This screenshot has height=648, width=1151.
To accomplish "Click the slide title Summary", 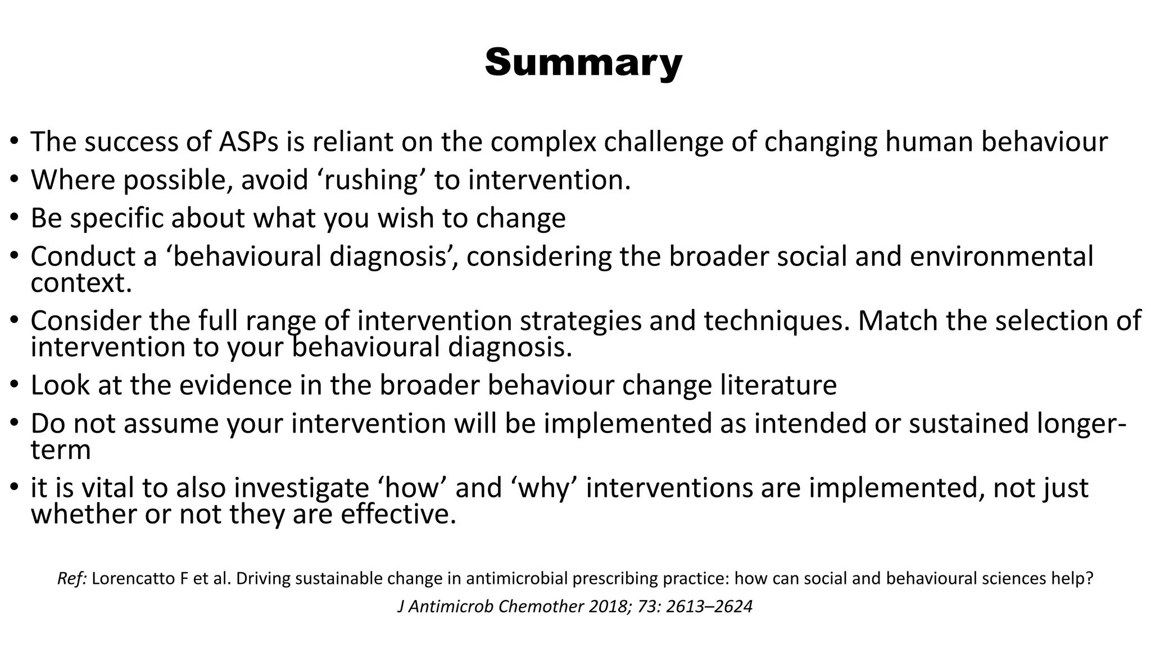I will (583, 62).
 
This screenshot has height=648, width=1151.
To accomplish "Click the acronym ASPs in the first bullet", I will (248, 142).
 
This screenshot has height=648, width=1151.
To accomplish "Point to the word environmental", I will (1001, 256).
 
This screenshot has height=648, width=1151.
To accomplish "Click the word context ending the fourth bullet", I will (80, 283).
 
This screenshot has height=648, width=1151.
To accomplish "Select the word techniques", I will (776, 321).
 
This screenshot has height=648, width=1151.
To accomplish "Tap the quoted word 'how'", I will (415, 488).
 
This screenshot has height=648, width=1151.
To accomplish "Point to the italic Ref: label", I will (72, 579).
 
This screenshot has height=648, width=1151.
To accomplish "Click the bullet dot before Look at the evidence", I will (15, 385).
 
